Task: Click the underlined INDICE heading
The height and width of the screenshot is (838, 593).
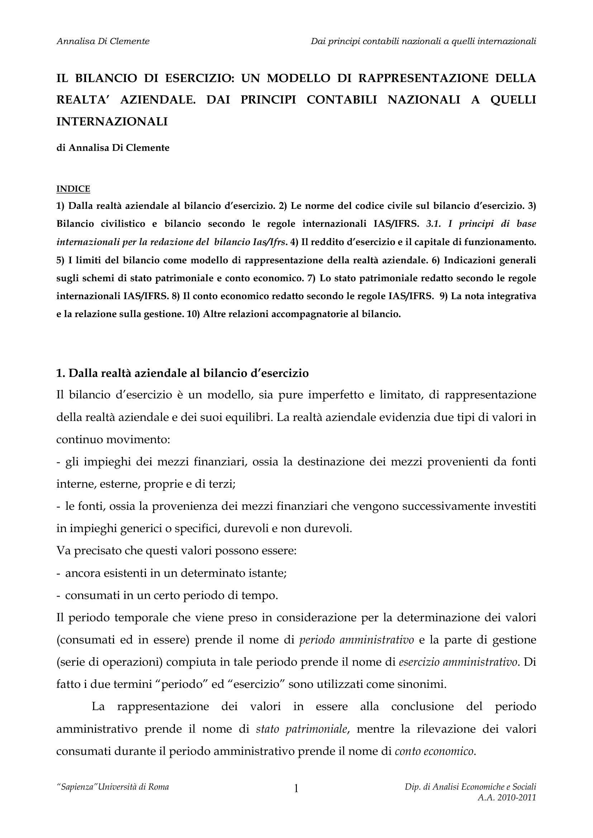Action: [x=73, y=189]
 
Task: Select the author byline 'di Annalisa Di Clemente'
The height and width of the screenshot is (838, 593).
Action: [x=113, y=148]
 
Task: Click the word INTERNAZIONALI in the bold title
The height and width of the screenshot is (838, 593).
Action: [x=112, y=121]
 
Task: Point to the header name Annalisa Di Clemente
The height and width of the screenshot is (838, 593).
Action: [x=103, y=41]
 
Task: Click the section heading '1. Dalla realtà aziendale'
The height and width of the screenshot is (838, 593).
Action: [x=182, y=373]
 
